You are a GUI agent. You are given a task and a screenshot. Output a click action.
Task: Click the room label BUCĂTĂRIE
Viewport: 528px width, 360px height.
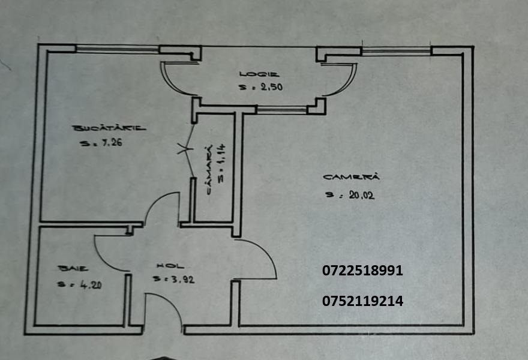coord(109,128)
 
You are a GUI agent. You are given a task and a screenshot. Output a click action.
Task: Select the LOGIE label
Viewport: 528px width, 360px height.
coord(259,74)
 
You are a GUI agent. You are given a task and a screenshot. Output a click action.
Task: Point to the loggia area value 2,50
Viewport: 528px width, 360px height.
coord(271,87)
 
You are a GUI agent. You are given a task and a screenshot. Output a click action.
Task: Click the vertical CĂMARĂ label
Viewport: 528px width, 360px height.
coord(209,170)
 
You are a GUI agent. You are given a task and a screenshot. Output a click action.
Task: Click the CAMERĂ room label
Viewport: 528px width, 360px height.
coord(351,177)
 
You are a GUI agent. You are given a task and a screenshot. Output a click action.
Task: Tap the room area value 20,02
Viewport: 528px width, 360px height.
coord(362,195)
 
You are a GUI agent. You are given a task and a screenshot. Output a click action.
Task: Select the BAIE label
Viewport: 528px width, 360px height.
coord(73,268)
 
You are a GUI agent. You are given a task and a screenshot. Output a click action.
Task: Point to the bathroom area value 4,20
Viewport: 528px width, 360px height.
coord(91,285)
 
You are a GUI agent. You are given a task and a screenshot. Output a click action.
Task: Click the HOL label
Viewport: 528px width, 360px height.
coord(170,266)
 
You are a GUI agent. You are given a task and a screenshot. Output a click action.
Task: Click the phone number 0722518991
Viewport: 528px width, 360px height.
coord(362,271)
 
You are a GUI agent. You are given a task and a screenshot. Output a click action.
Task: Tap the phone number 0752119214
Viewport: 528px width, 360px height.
coord(362,301)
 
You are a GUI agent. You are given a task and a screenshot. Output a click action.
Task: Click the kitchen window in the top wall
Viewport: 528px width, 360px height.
coord(117,50)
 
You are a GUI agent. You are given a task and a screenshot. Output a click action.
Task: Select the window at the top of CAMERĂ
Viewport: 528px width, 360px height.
coord(397,51)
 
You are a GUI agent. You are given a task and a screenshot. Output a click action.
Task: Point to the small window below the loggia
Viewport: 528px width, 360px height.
coord(282,109)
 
